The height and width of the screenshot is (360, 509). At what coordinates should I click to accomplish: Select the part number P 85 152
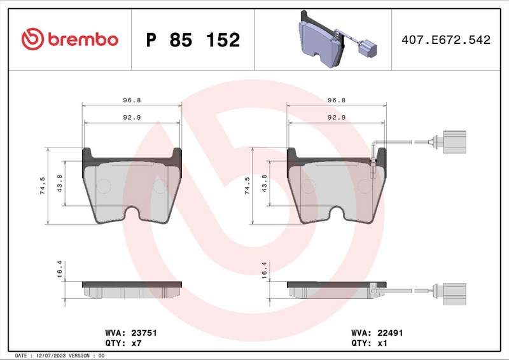tap(193, 40)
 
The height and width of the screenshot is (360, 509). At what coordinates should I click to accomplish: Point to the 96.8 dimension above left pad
tap(132, 100)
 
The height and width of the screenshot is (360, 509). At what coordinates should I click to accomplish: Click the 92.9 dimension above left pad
tap(132, 117)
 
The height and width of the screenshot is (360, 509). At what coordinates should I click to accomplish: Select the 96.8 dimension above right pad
tap(336, 100)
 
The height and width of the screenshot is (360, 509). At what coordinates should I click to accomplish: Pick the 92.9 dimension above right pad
tap(336, 117)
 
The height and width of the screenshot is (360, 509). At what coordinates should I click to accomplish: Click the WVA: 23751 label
tap(130, 333)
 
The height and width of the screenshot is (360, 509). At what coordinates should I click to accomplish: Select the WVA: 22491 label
tap(377, 333)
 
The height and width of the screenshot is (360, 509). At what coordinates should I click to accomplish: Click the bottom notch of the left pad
tap(134, 214)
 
